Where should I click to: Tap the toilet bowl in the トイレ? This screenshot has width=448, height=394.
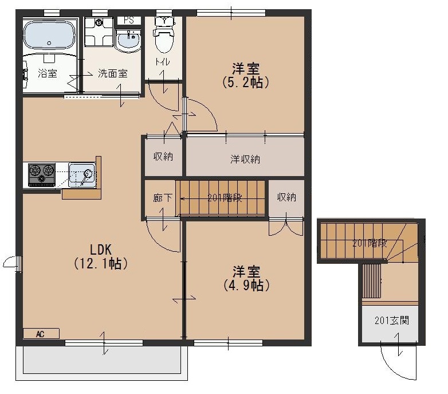(x=164, y=37)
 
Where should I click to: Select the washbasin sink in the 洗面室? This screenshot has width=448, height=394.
(x=128, y=41)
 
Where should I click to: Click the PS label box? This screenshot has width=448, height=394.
(x=129, y=20)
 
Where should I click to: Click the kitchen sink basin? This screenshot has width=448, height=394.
(x=82, y=175)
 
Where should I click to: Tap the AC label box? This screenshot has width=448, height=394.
(x=41, y=334)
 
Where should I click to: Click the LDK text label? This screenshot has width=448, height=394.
(x=101, y=249)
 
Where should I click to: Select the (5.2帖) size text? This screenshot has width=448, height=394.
(x=246, y=83)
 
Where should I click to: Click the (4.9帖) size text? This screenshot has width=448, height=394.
(x=246, y=285)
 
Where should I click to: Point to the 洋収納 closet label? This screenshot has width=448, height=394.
(x=245, y=159)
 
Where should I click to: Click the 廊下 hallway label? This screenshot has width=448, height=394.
(x=163, y=198)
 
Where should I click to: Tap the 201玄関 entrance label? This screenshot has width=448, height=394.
(x=392, y=321)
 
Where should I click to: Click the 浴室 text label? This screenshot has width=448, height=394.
(x=48, y=73)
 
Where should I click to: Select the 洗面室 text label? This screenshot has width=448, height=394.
(x=112, y=73)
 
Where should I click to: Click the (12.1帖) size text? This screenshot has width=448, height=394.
(x=101, y=263)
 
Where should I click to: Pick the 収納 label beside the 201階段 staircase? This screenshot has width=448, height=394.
(x=286, y=197)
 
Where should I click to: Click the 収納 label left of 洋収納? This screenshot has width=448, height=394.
(x=163, y=157)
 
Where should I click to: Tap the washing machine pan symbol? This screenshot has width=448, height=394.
(x=99, y=32)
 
